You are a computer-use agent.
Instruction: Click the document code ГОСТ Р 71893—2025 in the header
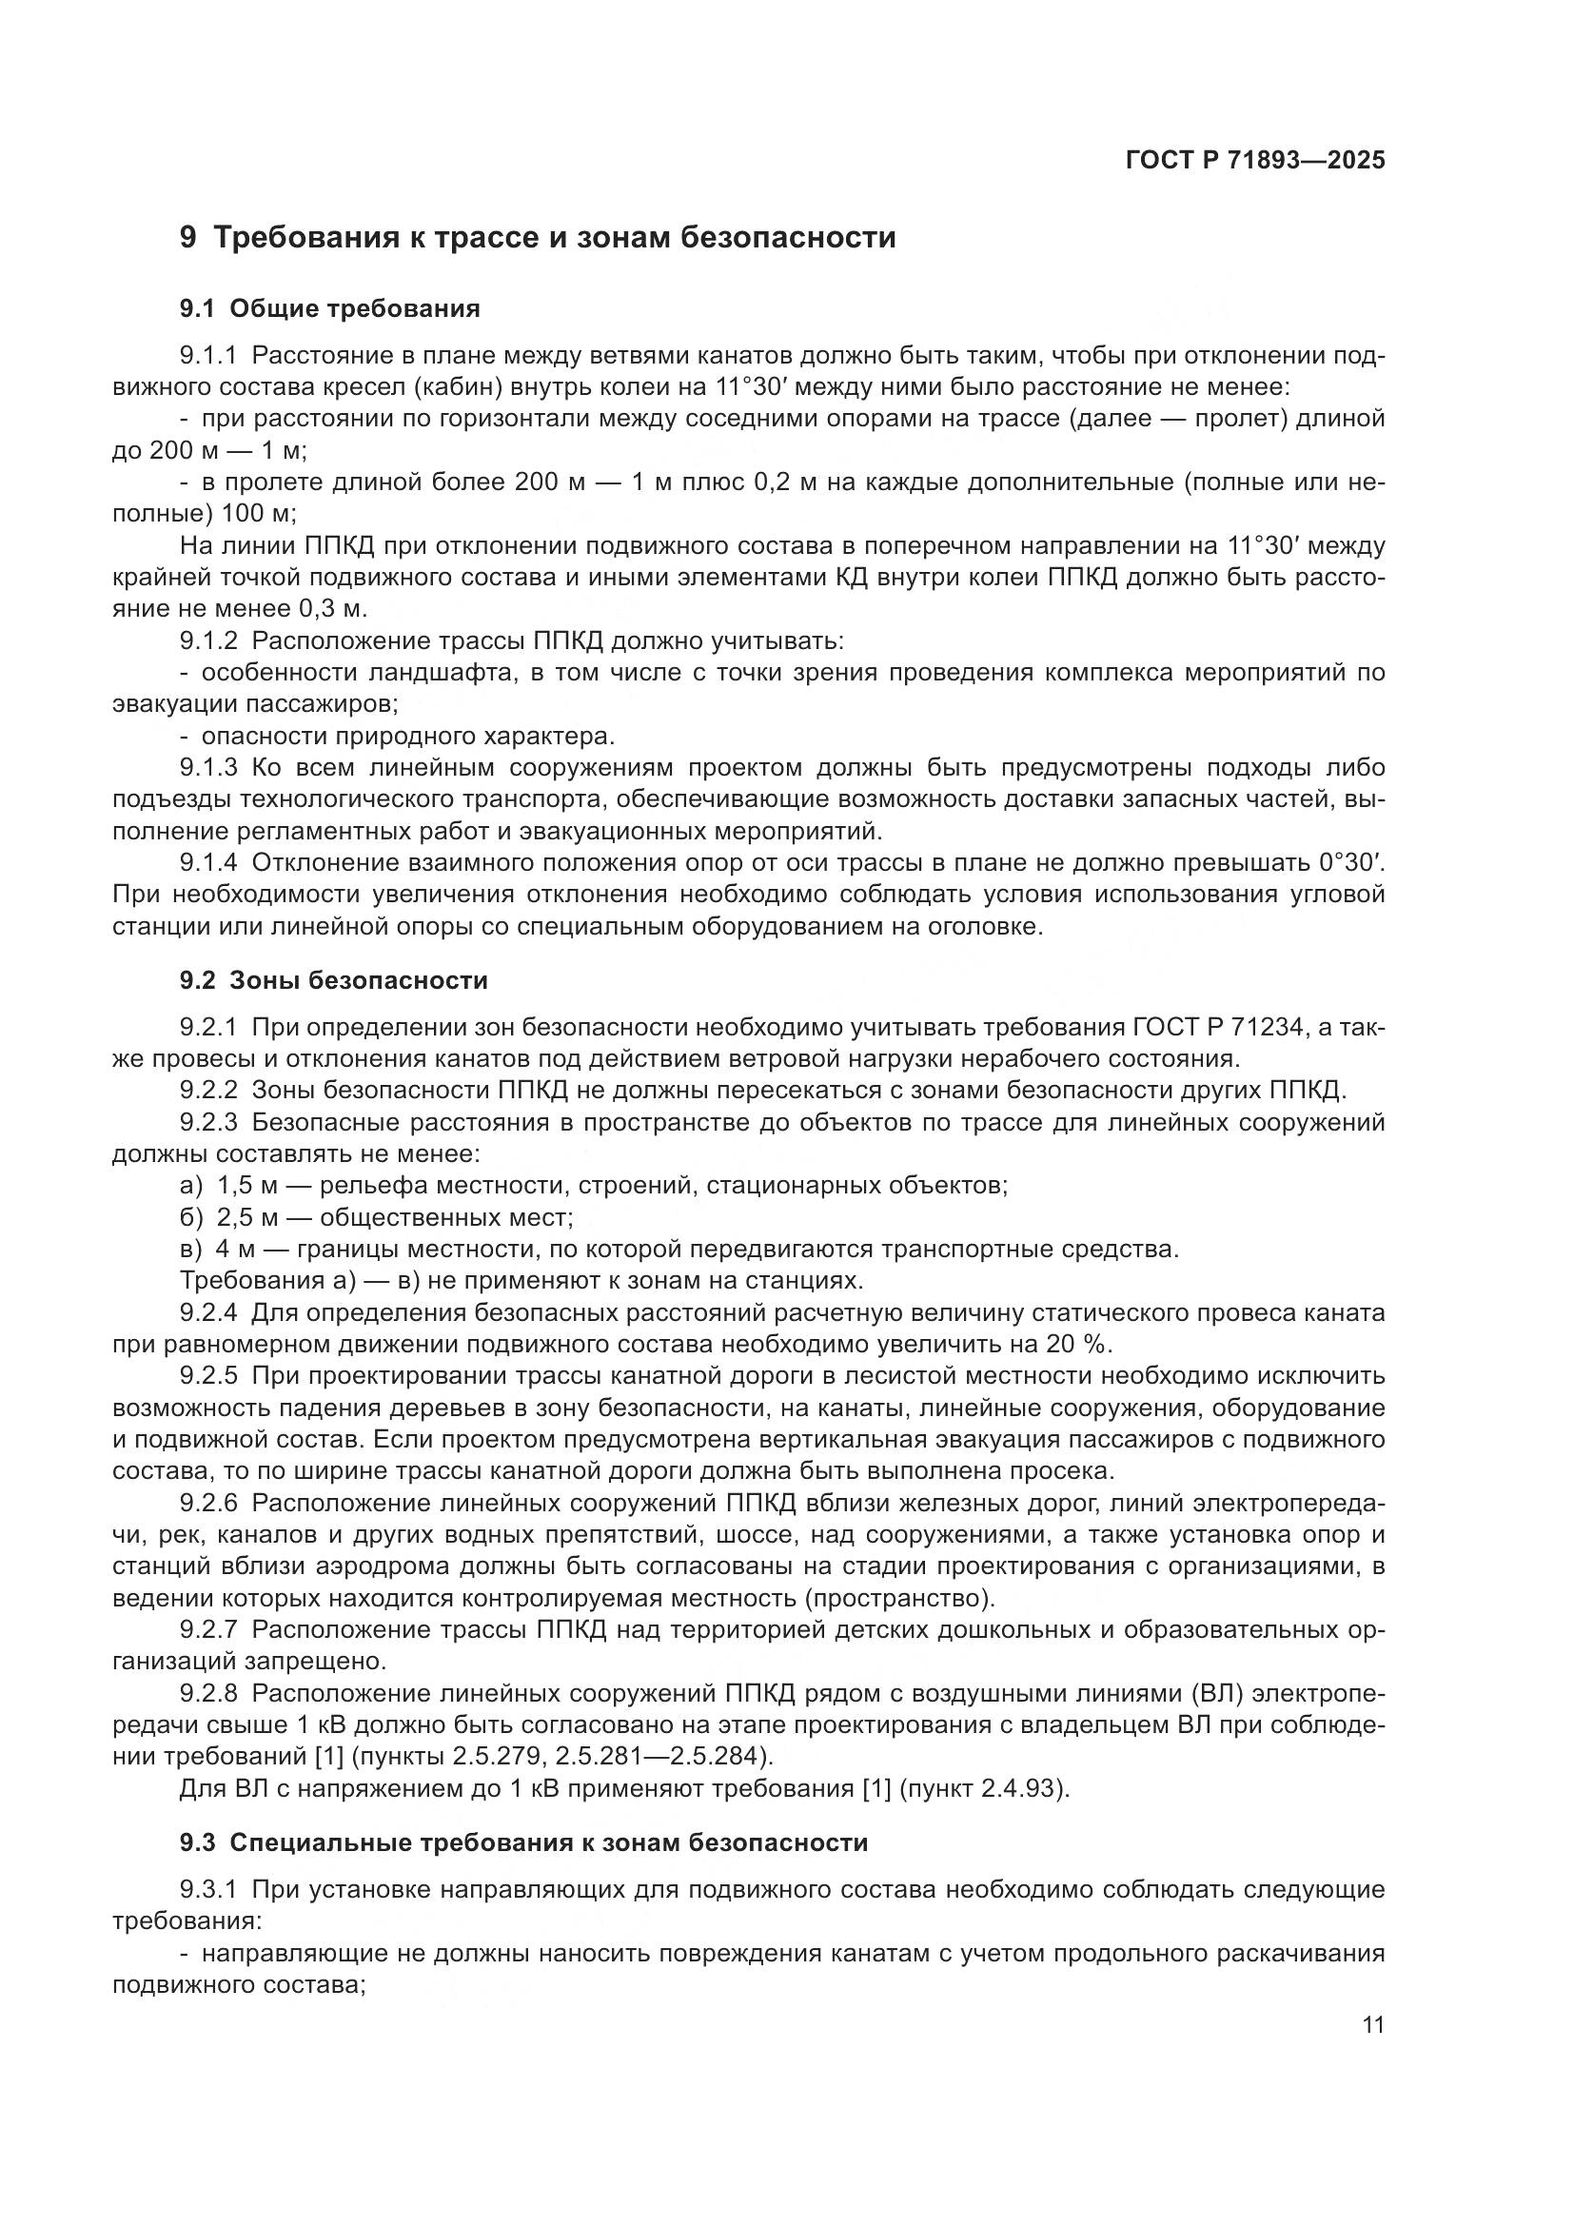pos(1255,160)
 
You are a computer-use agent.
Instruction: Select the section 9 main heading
pos(538,237)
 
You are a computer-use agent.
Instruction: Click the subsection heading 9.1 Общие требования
pos(329,309)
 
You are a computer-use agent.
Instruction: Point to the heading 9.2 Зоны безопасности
pos(333,980)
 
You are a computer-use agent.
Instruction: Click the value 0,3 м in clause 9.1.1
pos(333,609)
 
